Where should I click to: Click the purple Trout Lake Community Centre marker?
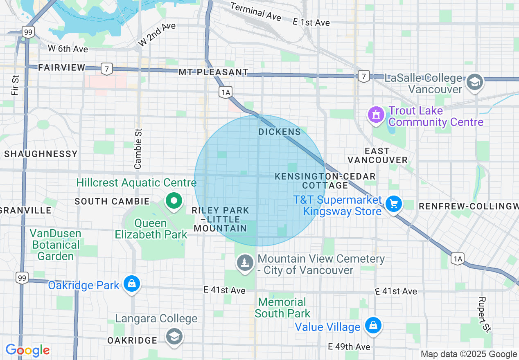376,114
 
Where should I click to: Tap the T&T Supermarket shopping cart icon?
394,204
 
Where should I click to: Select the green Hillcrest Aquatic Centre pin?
174,201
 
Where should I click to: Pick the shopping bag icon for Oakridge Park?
131,283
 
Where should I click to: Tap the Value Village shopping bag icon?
373,326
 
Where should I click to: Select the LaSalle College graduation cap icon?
475,82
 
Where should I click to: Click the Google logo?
27,350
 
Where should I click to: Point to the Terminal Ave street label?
255,11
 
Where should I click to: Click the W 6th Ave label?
68,49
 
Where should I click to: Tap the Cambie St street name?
138,148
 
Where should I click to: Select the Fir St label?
16,85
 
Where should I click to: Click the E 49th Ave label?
349,347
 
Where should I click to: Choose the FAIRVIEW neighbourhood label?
62,67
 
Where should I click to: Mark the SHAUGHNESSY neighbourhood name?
41,154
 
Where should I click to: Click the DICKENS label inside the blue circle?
280,132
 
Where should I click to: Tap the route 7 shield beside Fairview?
106,69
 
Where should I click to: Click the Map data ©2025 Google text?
469,354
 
